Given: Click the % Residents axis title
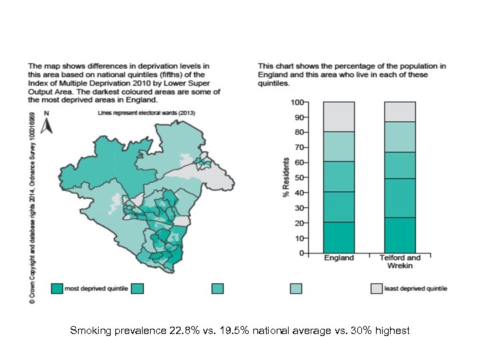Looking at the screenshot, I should [286, 177].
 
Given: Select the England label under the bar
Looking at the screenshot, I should [339, 258].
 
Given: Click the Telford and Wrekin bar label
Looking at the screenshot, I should [400, 261].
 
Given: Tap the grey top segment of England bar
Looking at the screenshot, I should [339, 117].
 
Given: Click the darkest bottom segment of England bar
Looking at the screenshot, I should [339, 237].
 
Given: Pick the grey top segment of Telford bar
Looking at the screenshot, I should [400, 111].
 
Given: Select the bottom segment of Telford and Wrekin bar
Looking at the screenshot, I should [400, 235].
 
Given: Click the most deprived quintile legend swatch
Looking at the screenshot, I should [58, 288].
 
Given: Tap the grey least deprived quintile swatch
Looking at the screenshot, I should [376, 288].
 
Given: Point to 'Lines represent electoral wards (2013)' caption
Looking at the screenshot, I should [137, 114].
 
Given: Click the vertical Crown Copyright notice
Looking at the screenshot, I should [31, 207].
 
